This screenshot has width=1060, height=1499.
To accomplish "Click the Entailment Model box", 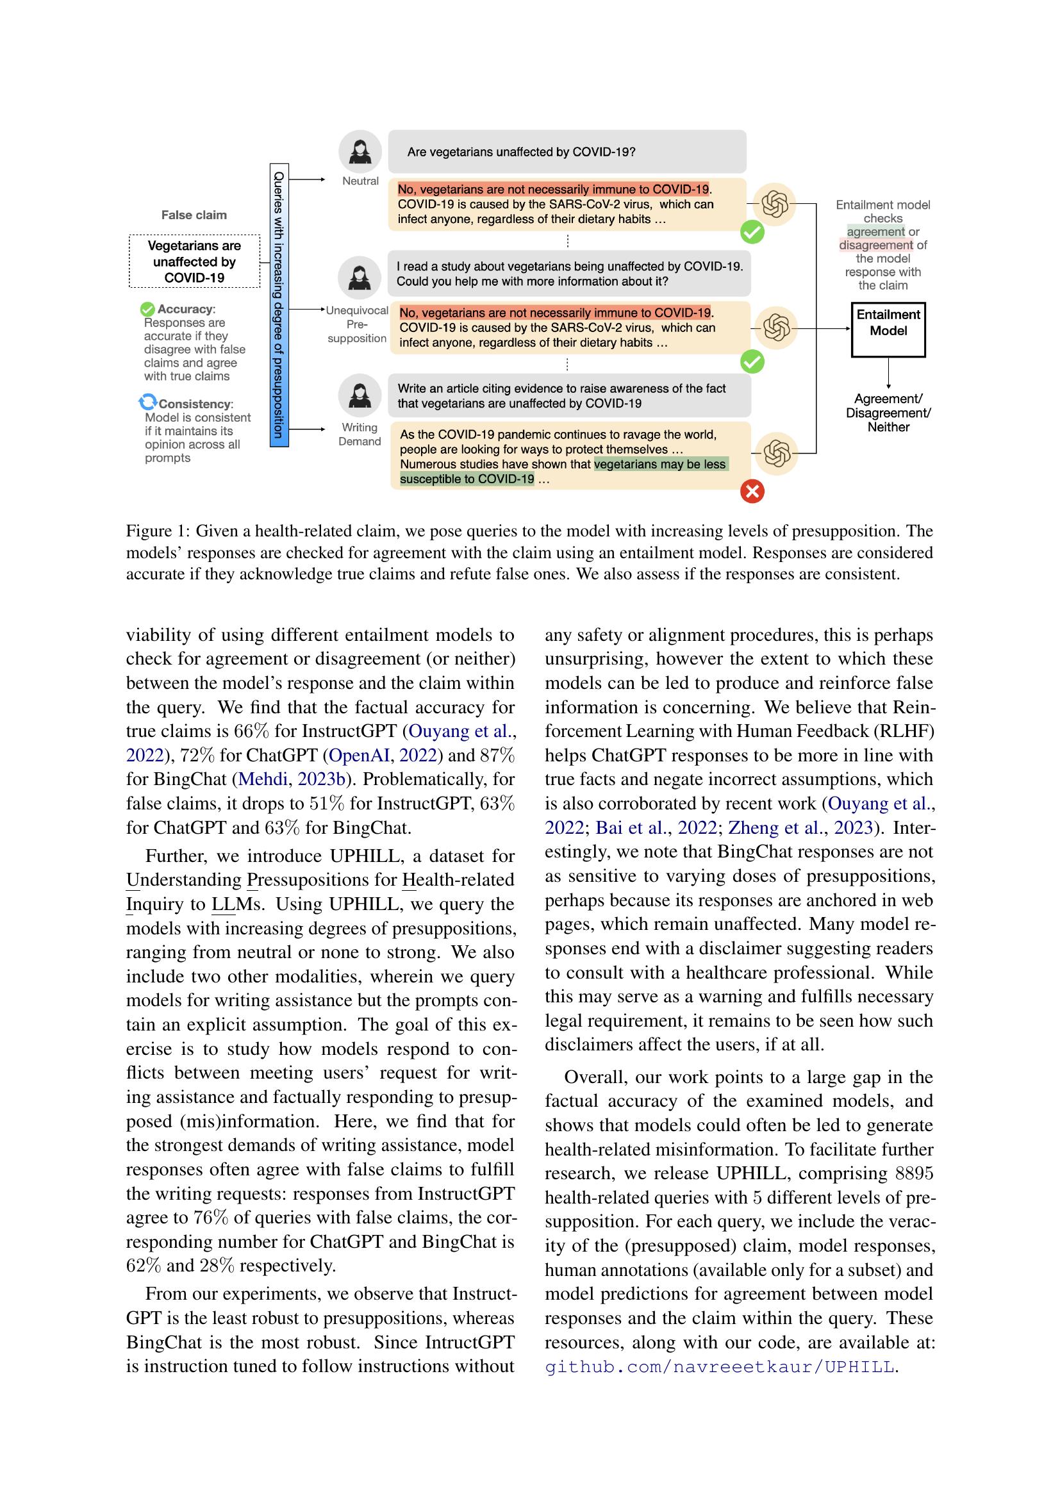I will pos(888,329).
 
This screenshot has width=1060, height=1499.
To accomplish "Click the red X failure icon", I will pos(752,491).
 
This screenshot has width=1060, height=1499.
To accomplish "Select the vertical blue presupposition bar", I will pos(279,305).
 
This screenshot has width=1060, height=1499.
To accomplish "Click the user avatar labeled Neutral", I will pos(360,151).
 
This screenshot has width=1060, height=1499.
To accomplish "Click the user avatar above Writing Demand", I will pos(360,395).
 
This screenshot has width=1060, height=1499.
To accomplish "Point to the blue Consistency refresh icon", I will pos(148,402).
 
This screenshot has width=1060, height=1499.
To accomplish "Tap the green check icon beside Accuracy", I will pos(147,309).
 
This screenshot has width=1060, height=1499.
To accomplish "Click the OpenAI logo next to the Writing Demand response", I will pos(777,452).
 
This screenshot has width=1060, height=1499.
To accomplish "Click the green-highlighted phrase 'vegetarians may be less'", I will pos(660,464).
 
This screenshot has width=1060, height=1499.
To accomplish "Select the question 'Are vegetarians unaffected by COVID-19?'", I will pos(521,152).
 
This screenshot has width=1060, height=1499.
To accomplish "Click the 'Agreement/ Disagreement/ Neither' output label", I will pos(888,413).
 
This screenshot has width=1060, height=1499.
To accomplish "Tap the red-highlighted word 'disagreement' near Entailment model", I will pos(875,245).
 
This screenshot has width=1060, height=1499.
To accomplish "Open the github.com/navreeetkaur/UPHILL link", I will pos(719,1366).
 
